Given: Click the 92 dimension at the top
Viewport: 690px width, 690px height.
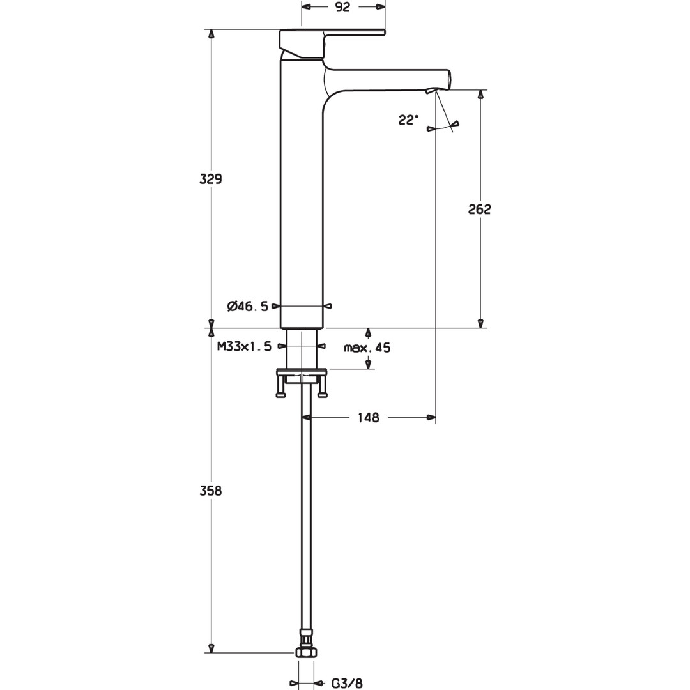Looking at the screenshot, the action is click(342, 7).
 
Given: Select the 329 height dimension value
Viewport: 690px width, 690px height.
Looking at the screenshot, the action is click(211, 179).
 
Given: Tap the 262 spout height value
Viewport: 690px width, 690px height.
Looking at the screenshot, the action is click(479, 209).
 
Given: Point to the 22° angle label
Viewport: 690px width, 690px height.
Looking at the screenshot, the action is click(408, 119).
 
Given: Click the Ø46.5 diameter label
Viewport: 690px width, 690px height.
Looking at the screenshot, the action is click(248, 306).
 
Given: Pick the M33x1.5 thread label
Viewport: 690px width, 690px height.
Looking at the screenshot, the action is click(244, 346).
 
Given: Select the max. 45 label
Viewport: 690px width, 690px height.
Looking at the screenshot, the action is click(367, 348).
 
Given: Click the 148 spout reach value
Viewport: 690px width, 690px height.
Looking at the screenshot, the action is click(369, 417).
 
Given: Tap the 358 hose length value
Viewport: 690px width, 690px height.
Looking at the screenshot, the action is click(211, 491).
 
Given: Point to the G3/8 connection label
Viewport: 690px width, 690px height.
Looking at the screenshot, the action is click(347, 684).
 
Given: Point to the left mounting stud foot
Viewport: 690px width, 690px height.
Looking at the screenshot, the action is click(280, 394).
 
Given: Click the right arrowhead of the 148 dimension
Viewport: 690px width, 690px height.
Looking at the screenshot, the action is click(431, 417).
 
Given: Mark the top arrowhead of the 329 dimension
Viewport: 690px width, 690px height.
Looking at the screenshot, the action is click(211, 34).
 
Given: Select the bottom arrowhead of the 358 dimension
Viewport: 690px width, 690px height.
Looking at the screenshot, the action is click(211, 648).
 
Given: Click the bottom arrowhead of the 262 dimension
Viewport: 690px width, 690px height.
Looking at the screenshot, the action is click(480, 323).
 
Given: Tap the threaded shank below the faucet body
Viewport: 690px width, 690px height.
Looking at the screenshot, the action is click(302, 348).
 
